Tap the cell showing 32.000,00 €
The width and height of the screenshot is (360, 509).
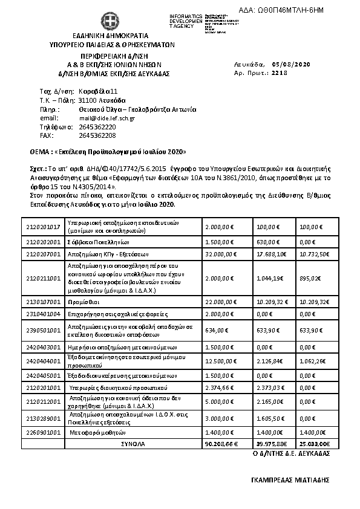click(220, 254)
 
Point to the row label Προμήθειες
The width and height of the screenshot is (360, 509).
click(83, 300)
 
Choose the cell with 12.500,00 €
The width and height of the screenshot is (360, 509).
click(220, 361)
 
